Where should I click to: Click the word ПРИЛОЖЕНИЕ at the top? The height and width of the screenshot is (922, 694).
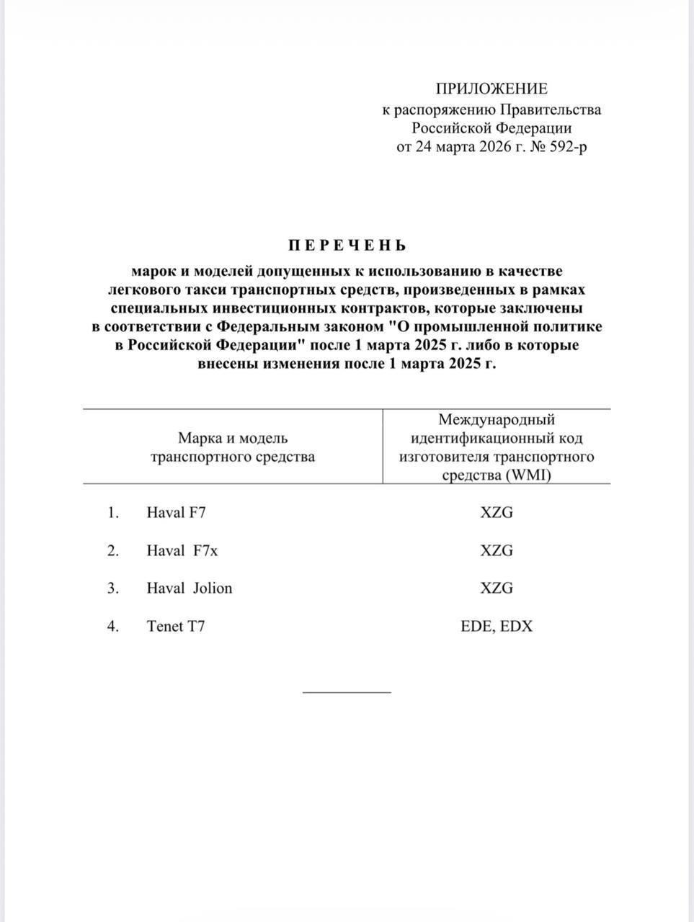point(491,89)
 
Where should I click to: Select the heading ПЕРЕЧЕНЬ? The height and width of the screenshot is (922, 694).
point(347,246)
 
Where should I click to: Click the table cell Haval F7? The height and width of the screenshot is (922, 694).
point(177,513)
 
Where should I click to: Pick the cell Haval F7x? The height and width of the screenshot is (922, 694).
point(182,550)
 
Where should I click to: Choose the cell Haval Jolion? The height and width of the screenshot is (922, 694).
point(190,588)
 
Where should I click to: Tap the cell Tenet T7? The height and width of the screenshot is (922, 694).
point(176,626)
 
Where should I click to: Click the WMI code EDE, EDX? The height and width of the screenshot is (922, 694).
point(497,626)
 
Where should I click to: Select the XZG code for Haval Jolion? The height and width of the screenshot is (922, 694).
point(497,588)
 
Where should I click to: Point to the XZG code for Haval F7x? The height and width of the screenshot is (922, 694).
point(497,550)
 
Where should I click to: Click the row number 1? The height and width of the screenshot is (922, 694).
point(112,513)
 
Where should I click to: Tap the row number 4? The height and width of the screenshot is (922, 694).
point(112,626)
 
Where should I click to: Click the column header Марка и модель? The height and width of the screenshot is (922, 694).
point(233,438)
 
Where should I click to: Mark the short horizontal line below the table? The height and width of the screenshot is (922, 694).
point(347,692)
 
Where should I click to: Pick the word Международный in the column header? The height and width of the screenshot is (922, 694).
point(497,419)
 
